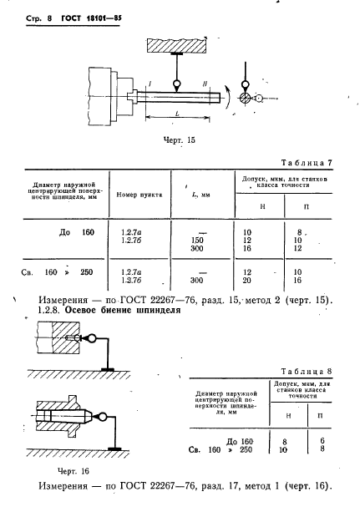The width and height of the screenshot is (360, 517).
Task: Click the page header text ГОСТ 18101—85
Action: (x=91, y=18)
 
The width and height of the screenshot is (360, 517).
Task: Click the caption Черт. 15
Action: (x=180, y=140)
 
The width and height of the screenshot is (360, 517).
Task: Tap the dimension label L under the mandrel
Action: (x=177, y=114)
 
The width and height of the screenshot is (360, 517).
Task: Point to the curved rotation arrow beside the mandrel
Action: (x=228, y=96)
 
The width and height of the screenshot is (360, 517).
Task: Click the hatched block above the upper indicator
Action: (x=177, y=45)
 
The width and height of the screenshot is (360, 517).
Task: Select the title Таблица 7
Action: (x=307, y=163)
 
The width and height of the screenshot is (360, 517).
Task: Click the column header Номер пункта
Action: (x=139, y=195)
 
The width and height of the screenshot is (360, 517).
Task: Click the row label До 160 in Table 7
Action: (x=77, y=232)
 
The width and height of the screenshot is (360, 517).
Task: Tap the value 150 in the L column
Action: (x=197, y=241)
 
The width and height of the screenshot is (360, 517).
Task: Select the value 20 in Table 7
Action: (x=247, y=281)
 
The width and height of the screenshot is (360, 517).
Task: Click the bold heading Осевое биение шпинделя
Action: (x=123, y=310)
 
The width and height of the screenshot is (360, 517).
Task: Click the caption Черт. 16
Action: (x=74, y=471)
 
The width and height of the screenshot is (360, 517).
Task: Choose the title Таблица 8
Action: (x=307, y=372)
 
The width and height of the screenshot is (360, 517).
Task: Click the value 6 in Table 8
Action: (x=322, y=440)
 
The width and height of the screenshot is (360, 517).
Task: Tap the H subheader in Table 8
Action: (x=288, y=416)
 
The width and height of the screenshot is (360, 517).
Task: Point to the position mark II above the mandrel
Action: (x=205, y=84)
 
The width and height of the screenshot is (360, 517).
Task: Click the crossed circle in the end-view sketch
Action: (x=245, y=98)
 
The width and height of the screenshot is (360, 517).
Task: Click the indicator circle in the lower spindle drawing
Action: (x=103, y=417)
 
